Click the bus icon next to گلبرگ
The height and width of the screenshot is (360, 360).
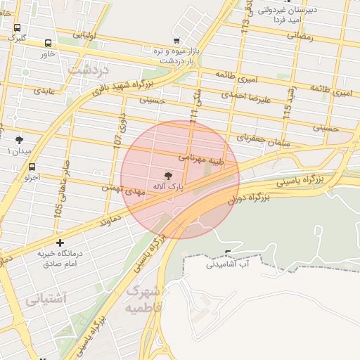pos(17,27)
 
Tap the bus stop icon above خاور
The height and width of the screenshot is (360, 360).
pos(48,43)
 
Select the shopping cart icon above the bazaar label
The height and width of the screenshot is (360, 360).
pos(176,40)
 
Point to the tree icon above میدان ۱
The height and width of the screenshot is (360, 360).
pos(19,140)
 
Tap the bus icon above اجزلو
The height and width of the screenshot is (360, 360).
pos(32,167)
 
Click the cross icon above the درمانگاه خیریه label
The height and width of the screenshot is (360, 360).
pos(60,243)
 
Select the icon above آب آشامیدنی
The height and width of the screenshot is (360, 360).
pos(228,253)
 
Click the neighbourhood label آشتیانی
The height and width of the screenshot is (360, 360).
pos(46,300)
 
